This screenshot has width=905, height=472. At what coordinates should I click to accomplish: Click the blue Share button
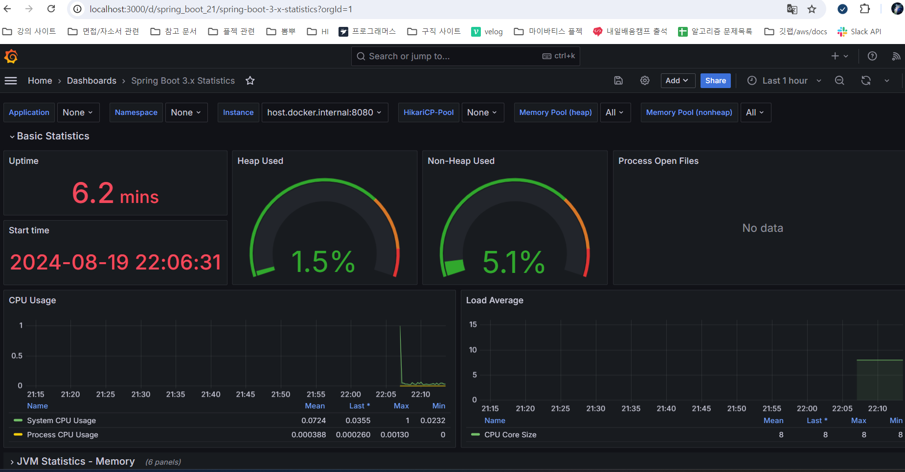coord(715,81)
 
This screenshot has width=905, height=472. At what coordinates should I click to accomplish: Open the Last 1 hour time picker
coord(784,81)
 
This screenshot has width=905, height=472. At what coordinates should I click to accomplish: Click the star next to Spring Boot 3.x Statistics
coord(250,81)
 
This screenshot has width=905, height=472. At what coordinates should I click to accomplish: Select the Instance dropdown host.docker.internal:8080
coord(324,112)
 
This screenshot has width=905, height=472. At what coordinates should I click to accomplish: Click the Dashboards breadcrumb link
coord(91,81)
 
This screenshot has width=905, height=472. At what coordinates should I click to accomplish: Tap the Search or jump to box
coord(465,56)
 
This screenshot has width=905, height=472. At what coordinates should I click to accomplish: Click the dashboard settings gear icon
coord(645,81)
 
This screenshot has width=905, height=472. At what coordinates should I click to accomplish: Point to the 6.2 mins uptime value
coord(115,193)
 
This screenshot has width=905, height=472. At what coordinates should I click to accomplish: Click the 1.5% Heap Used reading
coord(323,262)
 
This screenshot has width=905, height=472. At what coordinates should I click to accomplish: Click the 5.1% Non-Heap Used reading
coord(514,262)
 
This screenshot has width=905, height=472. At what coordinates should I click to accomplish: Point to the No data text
coord(763,228)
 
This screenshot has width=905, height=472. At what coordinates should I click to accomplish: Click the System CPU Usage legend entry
coord(61,421)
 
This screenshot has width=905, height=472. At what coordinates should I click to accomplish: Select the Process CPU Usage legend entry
coord(63,435)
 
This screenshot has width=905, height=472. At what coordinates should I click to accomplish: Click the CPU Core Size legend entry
coord(510,435)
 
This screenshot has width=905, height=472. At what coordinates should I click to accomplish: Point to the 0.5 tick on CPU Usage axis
coord(17,356)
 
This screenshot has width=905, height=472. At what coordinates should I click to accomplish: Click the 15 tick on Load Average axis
coord(473,324)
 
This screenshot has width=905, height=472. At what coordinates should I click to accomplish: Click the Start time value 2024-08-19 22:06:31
coord(115,262)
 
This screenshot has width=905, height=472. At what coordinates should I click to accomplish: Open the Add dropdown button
coord(678,81)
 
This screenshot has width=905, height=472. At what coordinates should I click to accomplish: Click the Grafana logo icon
coord(11,56)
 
